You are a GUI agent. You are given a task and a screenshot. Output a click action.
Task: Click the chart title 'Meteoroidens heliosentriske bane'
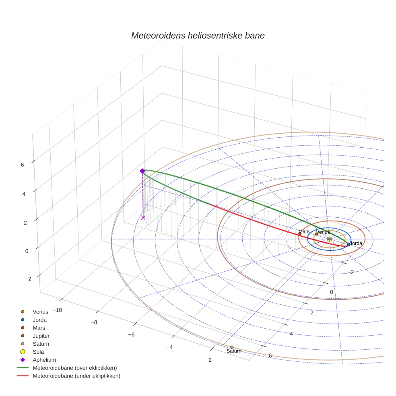click(198, 35)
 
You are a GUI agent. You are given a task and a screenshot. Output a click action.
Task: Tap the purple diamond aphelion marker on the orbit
click(142, 171)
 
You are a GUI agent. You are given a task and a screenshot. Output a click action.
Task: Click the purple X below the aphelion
click(143, 217)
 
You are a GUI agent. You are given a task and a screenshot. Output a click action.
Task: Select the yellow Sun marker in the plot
click(329, 239)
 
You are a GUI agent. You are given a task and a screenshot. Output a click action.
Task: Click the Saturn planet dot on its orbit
click(232, 347)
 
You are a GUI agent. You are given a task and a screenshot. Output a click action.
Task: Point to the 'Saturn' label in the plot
click(234, 351)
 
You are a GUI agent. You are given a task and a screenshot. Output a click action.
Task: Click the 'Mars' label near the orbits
click(304, 232)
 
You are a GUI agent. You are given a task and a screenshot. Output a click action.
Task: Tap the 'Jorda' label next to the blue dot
click(356, 243)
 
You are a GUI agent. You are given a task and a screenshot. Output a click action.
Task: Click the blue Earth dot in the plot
click(349, 245)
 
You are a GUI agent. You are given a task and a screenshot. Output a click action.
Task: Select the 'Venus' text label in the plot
click(323, 232)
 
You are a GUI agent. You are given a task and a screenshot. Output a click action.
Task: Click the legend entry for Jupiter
click(41, 336)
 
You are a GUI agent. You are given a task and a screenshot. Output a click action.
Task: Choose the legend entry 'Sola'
click(38, 352)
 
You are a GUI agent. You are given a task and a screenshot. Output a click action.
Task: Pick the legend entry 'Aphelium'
click(44, 360)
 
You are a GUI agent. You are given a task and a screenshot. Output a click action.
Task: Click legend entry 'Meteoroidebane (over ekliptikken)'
click(75, 368)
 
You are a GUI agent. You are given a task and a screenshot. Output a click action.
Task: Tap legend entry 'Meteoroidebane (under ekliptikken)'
click(76, 376)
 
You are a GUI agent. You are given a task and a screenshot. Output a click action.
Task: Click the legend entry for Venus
click(40, 311)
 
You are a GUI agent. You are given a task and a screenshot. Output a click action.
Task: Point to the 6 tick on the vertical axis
click(23, 165)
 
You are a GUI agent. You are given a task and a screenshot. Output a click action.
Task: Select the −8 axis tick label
click(94, 322)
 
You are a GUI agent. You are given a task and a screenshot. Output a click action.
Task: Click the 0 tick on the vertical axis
click(27, 251)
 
